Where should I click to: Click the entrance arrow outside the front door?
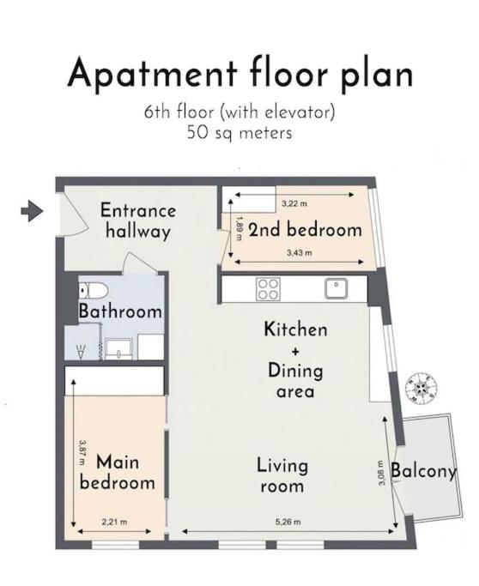pos(32,211)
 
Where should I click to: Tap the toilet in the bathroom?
pos(94,290)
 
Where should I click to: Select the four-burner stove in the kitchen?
pos(268,288)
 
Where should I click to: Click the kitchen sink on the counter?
pos(336,288)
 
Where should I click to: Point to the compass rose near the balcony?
pos(421,388)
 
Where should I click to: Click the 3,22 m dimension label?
pos(294,203)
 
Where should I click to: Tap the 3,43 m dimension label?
pos(299,252)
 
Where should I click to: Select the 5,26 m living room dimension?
pos(288,522)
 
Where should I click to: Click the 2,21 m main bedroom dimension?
pos(114,522)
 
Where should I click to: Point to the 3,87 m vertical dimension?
pos(82,452)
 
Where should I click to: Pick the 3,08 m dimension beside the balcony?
pos(381,473)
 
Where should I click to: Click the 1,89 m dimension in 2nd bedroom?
pos(240,228)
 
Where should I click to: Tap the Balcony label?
pos(424,472)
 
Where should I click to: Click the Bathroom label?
pos(120,311)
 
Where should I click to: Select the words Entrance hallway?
pos(138,221)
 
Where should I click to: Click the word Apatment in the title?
pos(152,74)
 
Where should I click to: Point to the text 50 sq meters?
pos(240,133)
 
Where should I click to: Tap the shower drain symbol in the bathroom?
pos(81,351)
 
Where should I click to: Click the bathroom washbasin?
pos(118,349)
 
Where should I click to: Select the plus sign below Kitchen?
pos(295,351)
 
